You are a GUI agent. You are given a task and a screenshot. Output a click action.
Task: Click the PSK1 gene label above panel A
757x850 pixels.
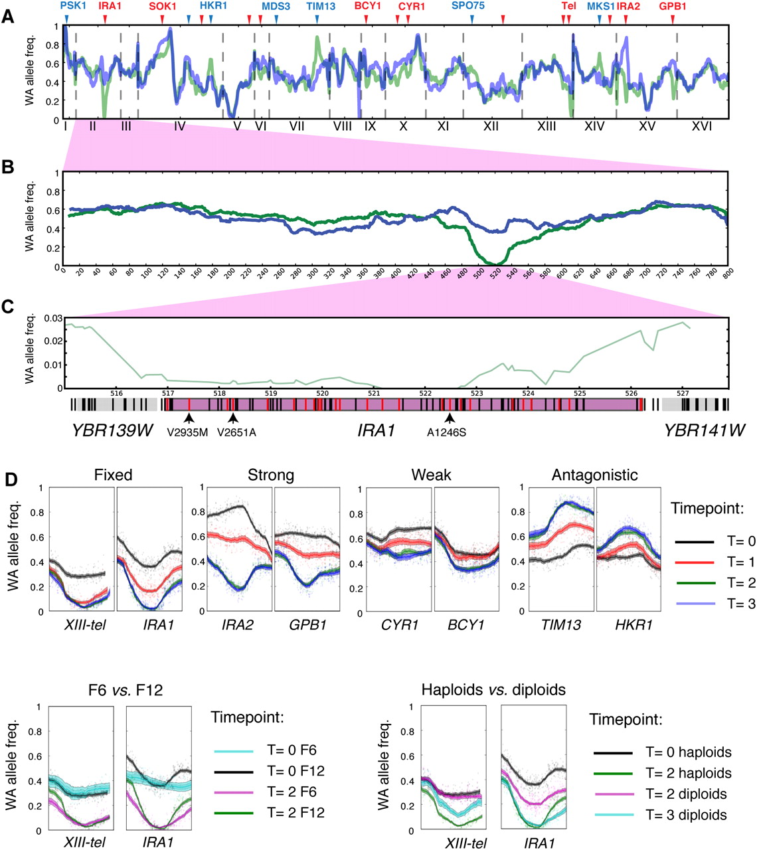pos(73,6)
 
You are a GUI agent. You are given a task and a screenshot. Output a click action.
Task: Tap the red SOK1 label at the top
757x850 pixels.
pos(163,6)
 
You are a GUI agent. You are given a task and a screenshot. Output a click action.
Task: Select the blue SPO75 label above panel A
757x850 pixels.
pos(468,6)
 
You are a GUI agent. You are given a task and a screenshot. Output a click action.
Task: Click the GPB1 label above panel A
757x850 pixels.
pos(673,6)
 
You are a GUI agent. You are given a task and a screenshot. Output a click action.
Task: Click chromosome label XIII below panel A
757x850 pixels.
pos(547,126)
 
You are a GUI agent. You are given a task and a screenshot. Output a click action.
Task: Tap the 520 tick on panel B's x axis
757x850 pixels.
pos(495,272)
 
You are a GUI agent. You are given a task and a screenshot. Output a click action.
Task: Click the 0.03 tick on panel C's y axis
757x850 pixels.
pos(52,318)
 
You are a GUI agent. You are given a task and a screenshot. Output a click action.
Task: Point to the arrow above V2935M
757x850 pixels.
pos(189,418)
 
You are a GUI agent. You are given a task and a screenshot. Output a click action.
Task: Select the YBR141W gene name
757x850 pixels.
pos(704,431)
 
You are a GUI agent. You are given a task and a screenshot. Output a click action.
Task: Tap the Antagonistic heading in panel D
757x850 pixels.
pos(594,475)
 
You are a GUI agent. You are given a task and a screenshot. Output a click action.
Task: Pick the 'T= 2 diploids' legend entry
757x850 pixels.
pos(687,794)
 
